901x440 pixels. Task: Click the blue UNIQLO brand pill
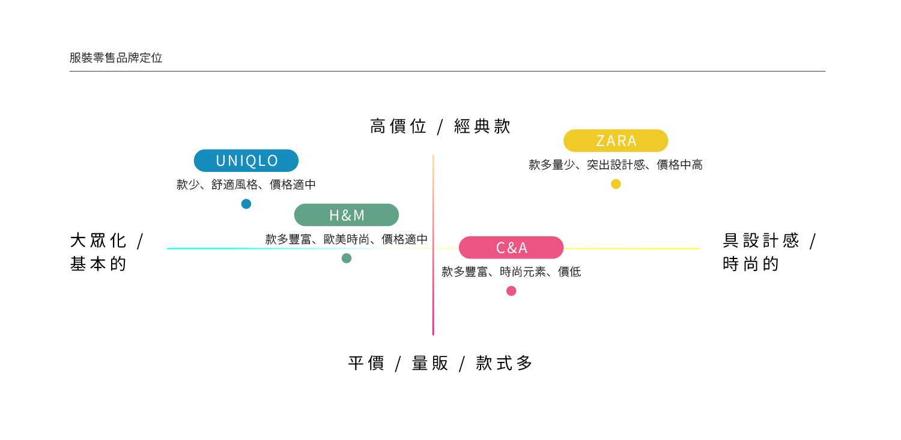pyautogui.click(x=246, y=160)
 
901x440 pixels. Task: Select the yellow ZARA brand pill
pyautogui.click(x=616, y=141)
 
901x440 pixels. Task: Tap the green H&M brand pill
pyautogui.click(x=347, y=215)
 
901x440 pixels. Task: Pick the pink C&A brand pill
pyautogui.click(x=511, y=248)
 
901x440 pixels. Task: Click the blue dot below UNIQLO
pyautogui.click(x=246, y=204)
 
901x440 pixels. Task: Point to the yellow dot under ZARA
pyautogui.click(x=616, y=184)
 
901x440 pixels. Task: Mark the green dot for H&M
pyautogui.click(x=347, y=258)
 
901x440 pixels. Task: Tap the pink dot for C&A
pyautogui.click(x=511, y=291)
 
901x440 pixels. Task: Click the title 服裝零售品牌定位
pyautogui.click(x=116, y=58)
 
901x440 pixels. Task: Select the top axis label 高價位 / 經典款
pyautogui.click(x=440, y=127)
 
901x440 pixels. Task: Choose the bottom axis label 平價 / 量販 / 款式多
pyautogui.click(x=440, y=363)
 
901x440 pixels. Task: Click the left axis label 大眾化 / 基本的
pyautogui.click(x=107, y=252)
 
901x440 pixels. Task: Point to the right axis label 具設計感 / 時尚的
pyautogui.click(x=769, y=252)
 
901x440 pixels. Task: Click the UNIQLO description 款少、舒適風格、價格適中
pyautogui.click(x=246, y=185)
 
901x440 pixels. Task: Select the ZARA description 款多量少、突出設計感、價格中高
pyautogui.click(x=616, y=165)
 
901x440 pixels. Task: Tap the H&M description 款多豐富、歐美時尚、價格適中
pyautogui.click(x=347, y=239)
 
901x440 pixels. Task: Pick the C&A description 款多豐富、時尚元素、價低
pyautogui.click(x=511, y=272)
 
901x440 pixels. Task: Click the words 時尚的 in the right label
pyautogui.click(x=751, y=264)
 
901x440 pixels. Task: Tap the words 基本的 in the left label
pyautogui.click(x=99, y=264)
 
